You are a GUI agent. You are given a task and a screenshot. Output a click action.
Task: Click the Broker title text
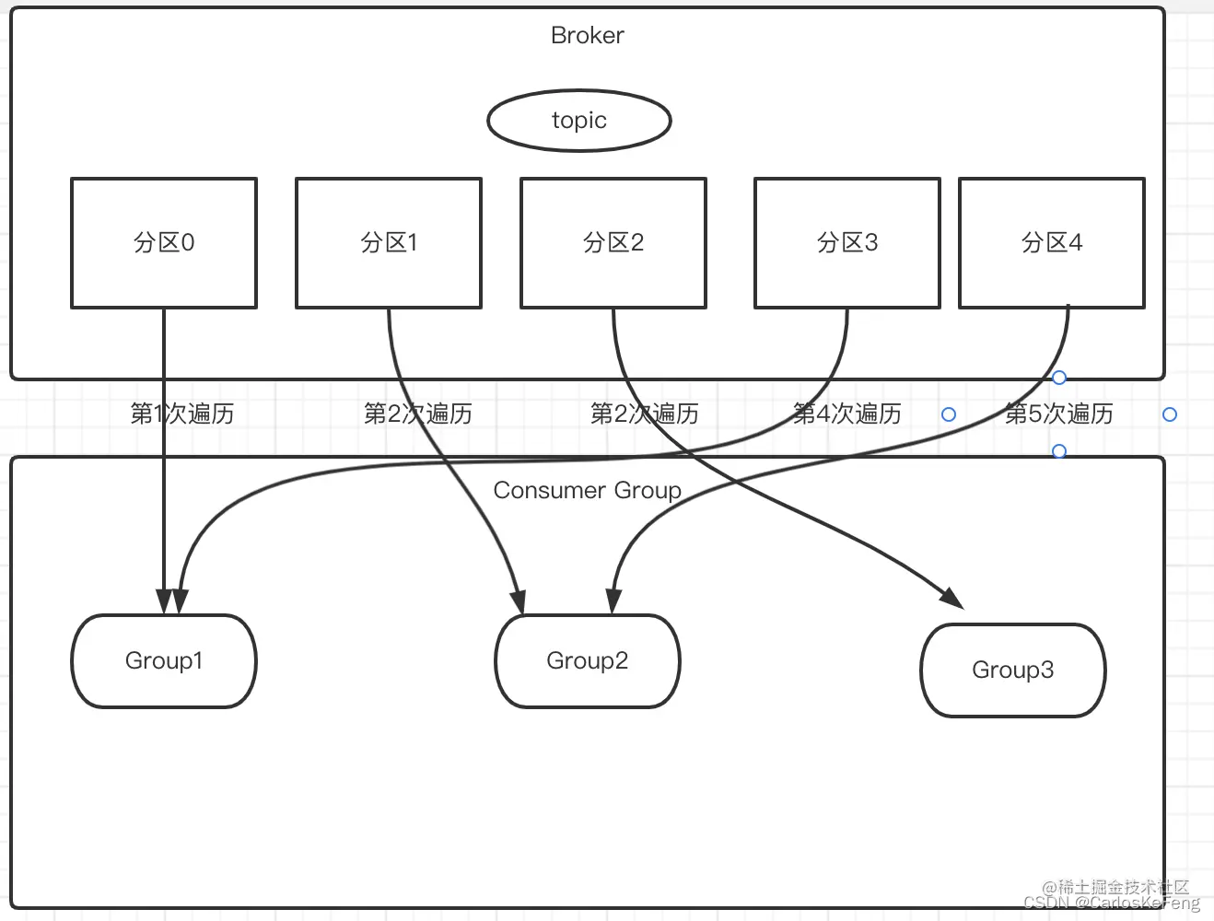587,35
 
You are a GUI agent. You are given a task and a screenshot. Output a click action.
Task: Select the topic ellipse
578,121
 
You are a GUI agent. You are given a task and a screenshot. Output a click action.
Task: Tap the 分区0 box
164,243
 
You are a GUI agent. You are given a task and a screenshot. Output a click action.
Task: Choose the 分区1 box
389,243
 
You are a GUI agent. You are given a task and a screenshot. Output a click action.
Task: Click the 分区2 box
613,243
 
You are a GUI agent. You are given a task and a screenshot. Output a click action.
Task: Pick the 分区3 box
847,243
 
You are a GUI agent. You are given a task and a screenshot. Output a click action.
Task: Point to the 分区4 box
1052,243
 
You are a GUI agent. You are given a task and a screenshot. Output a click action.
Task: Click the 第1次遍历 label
182,414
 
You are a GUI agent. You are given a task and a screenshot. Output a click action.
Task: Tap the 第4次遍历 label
847,414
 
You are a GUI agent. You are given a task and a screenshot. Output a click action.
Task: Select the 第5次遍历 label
1059,414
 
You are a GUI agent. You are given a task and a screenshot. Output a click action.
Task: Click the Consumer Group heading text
587,490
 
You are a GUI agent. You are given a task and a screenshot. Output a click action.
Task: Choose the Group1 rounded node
164,661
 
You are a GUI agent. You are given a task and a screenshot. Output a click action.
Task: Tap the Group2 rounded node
588,661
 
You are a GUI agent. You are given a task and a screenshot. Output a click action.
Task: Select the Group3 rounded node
1013,670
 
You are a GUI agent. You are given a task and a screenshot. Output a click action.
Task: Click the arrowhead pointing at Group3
952,597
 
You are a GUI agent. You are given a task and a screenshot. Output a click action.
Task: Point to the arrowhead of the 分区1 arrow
518,601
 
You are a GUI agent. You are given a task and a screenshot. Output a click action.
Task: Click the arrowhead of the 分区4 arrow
613,601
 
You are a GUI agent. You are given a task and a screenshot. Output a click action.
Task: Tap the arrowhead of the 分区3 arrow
180,601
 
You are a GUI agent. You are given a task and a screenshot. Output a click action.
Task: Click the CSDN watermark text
1112,904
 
